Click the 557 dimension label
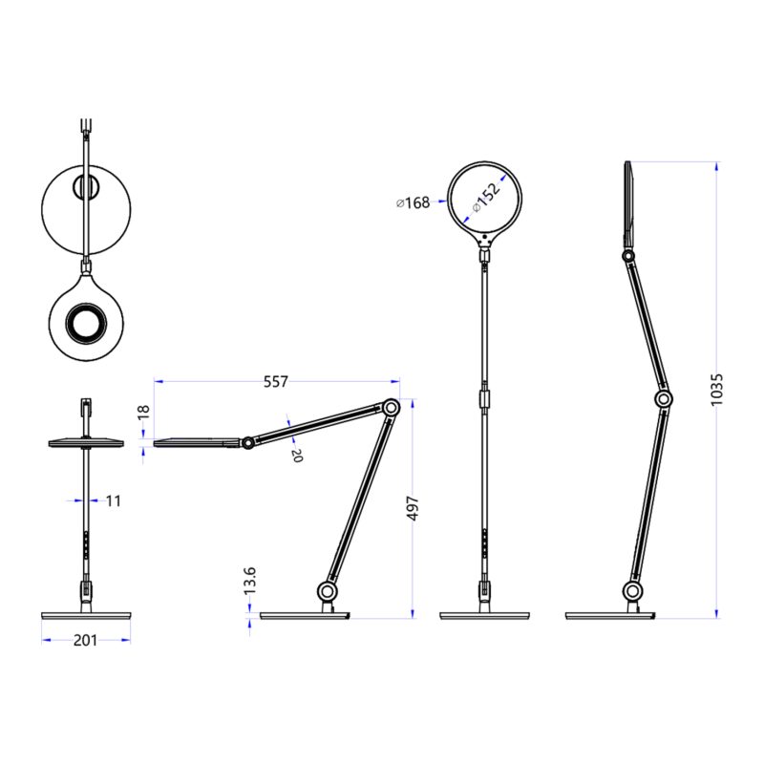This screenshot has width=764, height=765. point(275,382)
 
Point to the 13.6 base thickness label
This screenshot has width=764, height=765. point(250,581)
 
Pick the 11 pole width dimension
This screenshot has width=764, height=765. point(114,499)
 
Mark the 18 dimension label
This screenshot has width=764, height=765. point(144,412)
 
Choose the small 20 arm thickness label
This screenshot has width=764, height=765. point(296,456)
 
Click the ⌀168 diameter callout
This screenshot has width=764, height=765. point(413,202)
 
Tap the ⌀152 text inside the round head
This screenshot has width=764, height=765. point(488,197)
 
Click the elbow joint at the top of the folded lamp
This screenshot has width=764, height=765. point(390,408)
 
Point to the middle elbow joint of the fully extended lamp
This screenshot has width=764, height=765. point(663,398)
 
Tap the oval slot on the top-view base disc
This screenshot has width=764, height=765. point(86,187)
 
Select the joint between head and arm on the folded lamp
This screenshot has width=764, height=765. point(247,443)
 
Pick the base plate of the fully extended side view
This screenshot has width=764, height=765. point(608,615)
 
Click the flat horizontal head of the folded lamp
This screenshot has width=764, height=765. point(196,441)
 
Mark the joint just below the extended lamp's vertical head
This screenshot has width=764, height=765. point(628,256)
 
